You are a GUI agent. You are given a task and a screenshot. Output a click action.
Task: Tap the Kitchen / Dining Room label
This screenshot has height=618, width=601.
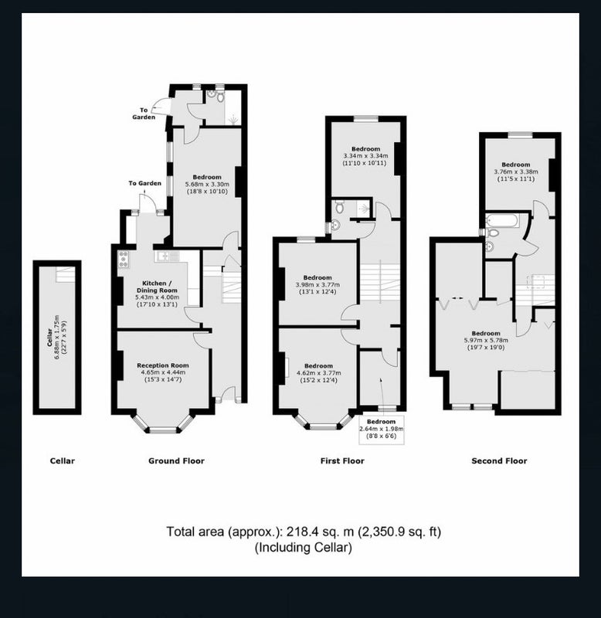(157, 294)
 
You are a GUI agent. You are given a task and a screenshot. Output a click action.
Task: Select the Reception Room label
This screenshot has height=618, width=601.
(163, 372)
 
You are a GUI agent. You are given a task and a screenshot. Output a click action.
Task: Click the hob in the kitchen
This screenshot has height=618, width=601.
(124, 260)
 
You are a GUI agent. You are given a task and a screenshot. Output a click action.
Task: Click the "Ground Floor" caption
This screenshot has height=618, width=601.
(176, 460)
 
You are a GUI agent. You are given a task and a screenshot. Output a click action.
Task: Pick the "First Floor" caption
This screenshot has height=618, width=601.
(342, 460)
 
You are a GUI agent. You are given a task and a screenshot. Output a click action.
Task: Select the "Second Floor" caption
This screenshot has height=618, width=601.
(499, 460)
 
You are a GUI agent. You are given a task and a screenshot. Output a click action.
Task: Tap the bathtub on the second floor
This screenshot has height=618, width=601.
(503, 221)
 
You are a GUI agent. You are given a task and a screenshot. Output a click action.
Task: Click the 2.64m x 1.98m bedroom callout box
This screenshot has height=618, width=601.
(381, 430)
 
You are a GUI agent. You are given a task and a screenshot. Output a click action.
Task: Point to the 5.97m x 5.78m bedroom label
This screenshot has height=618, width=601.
(486, 340)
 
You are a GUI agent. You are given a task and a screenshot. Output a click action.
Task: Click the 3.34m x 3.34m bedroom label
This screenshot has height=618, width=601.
(365, 156)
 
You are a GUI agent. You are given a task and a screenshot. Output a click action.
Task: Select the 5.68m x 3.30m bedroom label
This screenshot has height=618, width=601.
(207, 184)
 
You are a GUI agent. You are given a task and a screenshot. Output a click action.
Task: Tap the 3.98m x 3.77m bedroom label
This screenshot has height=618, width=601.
(317, 284)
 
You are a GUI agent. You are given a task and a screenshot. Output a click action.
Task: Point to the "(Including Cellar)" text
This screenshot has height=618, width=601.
(303, 548)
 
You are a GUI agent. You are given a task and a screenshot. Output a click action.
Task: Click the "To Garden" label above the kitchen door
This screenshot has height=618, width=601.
(144, 183)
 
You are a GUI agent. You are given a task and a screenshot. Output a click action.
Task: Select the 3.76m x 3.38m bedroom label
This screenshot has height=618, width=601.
(516, 171)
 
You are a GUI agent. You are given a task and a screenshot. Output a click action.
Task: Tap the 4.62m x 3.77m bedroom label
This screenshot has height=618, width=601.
(318, 373)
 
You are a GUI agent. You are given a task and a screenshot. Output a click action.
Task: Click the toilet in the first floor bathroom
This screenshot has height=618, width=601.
(339, 205)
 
